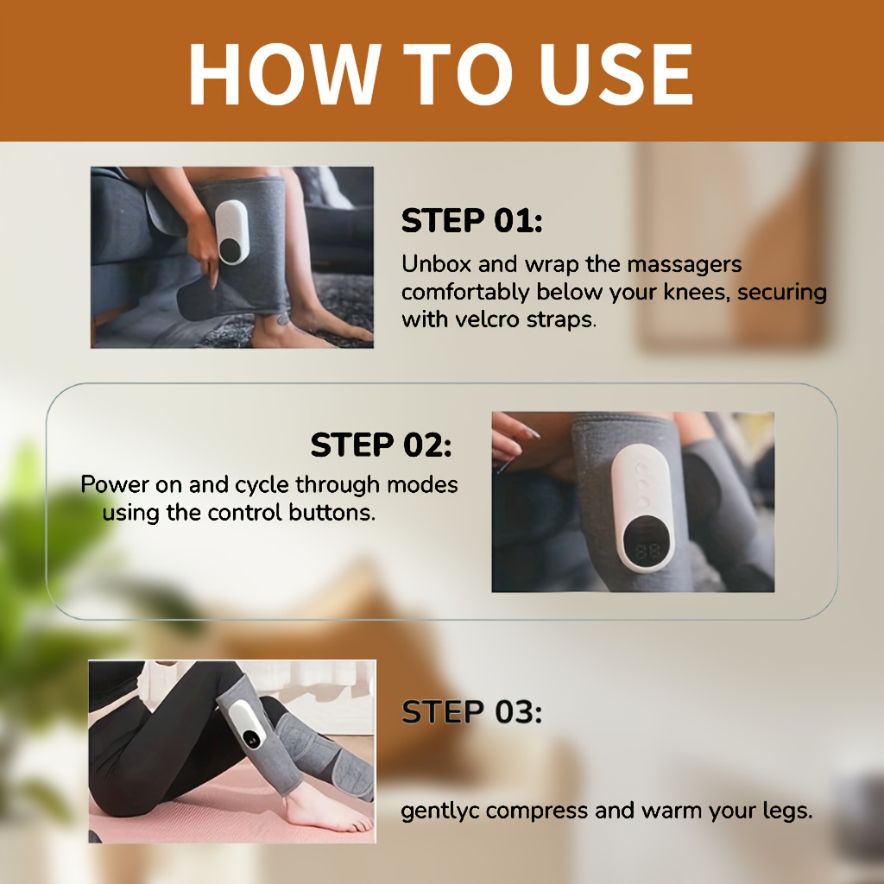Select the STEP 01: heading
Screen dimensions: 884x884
[x=471, y=221]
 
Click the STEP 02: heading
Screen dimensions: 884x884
[x=381, y=445]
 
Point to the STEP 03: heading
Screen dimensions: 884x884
[x=471, y=712]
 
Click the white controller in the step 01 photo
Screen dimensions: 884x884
[x=231, y=231]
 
